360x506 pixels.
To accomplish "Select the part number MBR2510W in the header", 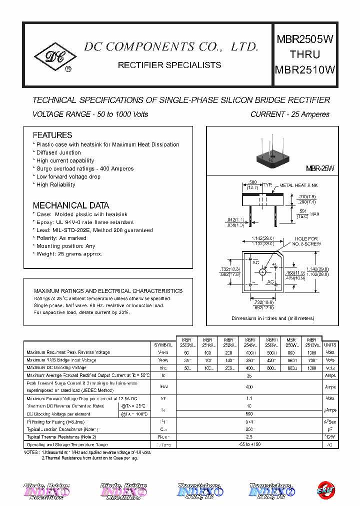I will coord(304,70).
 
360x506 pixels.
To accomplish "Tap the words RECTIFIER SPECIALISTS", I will coord(169,65).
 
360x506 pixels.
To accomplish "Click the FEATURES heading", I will coord(52,135).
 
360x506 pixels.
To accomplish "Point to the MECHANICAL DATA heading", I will coord(71,205).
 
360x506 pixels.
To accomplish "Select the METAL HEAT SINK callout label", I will coord(298,185).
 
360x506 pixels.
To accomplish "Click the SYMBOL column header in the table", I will coord(163,345).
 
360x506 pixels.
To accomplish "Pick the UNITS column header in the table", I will coord(330,345).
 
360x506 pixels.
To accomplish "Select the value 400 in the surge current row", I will coord(249,387).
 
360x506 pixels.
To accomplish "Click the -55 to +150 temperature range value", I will coord(249,444).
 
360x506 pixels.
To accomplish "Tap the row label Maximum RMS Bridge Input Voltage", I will coord(61,360).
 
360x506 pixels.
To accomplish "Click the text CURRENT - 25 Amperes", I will coord(289,114).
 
